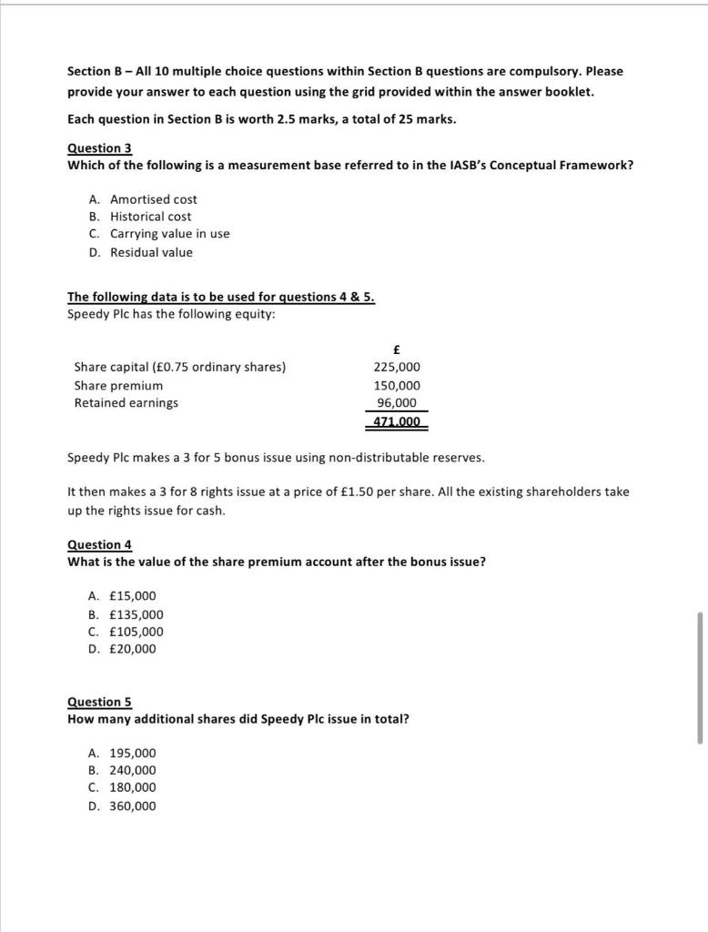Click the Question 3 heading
coord(100,147)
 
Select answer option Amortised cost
coord(153,199)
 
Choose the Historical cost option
coord(150,217)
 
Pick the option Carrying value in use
coord(169,234)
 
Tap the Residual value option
coord(151,252)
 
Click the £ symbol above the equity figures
coord(397,349)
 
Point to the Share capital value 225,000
coord(397,367)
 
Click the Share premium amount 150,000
coord(397,385)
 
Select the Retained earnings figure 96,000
coord(397,403)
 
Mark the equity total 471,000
coord(397,421)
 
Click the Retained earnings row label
coord(126,403)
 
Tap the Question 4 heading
coord(100,544)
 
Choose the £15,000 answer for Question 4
coord(132,596)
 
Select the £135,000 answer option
coord(136,614)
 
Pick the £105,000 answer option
coord(136,632)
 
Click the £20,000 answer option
coord(132,649)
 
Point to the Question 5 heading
coord(100,702)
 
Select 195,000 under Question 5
coord(132,754)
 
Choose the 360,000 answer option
coord(132,806)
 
